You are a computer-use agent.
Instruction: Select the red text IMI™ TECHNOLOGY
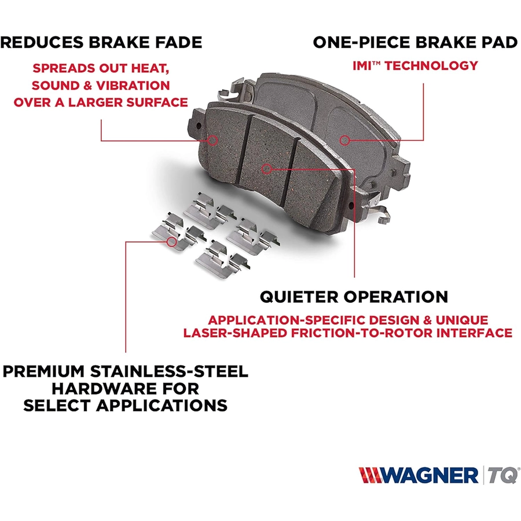[415, 65]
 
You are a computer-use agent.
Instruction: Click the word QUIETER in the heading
[299, 296]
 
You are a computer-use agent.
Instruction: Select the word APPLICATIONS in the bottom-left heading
[162, 405]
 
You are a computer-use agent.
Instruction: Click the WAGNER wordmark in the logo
[430, 475]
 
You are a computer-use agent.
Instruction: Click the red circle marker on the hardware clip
[171, 241]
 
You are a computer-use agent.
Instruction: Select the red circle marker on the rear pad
[344, 140]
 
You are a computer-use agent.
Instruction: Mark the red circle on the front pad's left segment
[212, 140]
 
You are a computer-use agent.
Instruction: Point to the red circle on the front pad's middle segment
[266, 169]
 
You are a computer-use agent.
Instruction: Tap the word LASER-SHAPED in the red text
[235, 333]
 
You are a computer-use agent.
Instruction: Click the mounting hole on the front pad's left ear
[199, 126]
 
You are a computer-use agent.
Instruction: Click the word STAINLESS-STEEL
[169, 371]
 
